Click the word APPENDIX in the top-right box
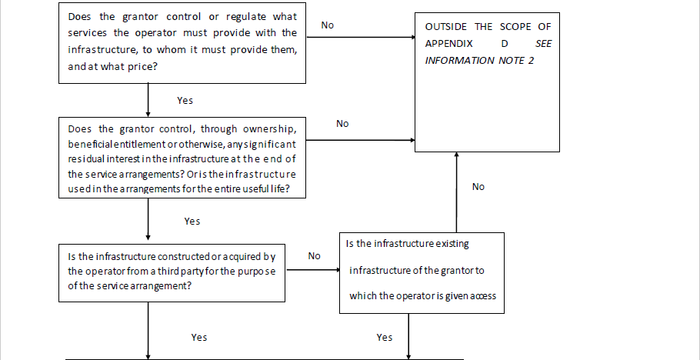pos(448,44)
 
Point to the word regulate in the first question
pos(246,17)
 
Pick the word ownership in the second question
pos(269,129)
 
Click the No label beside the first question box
pos(327,25)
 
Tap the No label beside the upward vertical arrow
pos(478,187)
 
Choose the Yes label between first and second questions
pos(185,101)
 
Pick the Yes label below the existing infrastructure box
pos(385,337)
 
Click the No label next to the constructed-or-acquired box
pos(315,256)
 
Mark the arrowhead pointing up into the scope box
pos(456,155)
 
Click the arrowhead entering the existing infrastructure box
pos(337,270)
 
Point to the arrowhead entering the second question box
pos(148,115)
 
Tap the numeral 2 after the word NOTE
pos(531,60)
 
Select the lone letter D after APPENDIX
pos(505,44)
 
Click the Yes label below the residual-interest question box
pos(192,221)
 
